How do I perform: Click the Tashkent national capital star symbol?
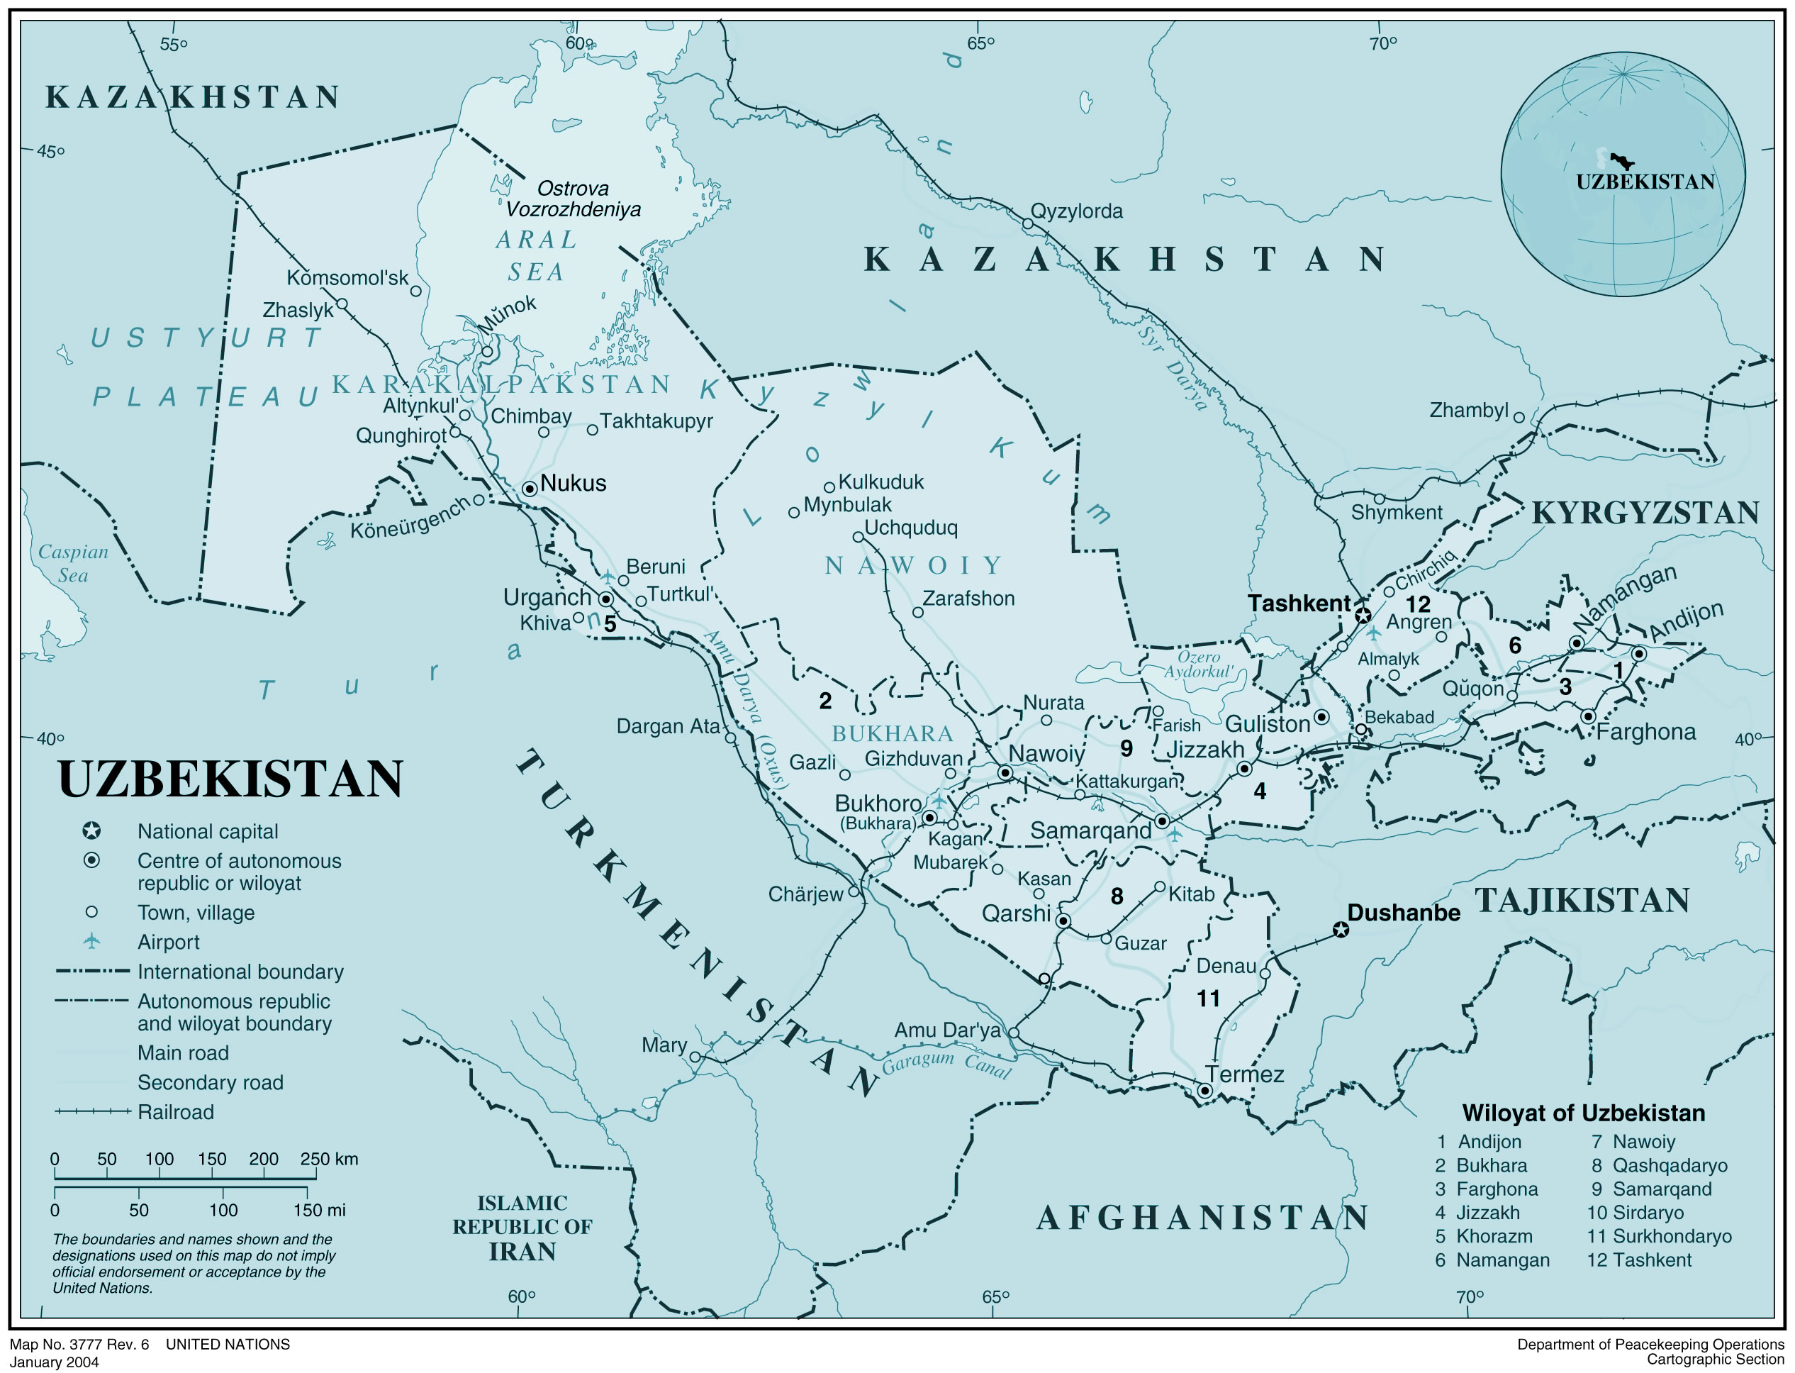click(1363, 616)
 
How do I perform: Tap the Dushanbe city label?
click(1403, 913)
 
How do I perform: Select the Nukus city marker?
click(530, 489)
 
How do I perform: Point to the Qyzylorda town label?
click(1076, 211)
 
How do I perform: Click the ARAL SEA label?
click(536, 256)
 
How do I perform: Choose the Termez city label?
click(1244, 1074)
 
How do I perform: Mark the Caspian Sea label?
click(73, 563)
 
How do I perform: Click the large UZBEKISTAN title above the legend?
click(230, 779)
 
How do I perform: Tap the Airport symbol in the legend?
click(92, 942)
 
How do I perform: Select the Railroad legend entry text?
click(176, 1112)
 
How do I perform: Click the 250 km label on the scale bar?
click(328, 1159)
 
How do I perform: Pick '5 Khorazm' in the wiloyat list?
click(1483, 1237)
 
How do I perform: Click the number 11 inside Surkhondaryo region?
click(1209, 999)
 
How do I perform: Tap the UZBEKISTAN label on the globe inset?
click(1645, 182)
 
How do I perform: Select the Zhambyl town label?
click(1468, 410)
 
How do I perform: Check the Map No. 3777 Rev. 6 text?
click(79, 1345)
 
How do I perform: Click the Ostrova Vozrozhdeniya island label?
click(573, 199)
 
